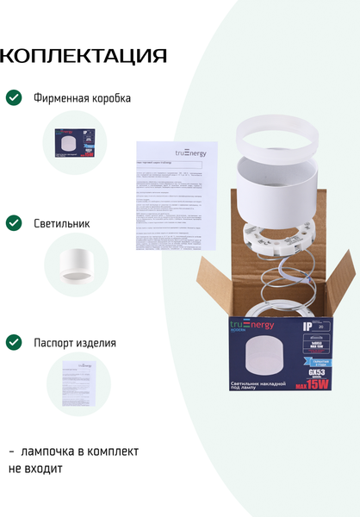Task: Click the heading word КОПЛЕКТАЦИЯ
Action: pos(83,57)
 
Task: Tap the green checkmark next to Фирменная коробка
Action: pos(14,97)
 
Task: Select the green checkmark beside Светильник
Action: pos(14,223)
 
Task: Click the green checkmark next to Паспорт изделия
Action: pos(14,342)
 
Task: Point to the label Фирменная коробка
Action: pos(83,98)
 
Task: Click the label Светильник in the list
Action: pos(62,223)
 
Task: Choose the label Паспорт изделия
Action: pos(75,342)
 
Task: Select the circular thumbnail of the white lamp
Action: pos(76,265)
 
